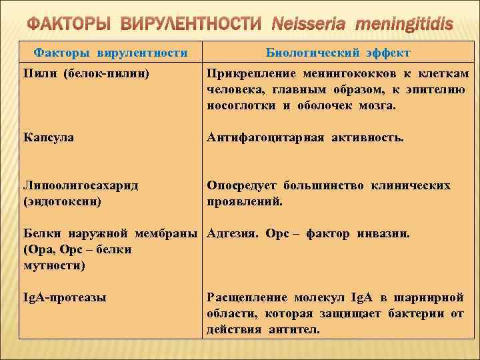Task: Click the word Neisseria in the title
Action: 309,25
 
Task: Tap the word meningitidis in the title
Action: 404,25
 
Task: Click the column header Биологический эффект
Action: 338,53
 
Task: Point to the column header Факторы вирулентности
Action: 111,53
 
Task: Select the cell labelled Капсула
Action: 49,137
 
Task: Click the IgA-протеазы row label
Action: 64,297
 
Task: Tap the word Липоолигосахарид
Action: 81,185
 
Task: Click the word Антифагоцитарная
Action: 266,137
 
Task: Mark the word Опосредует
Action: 242,185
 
